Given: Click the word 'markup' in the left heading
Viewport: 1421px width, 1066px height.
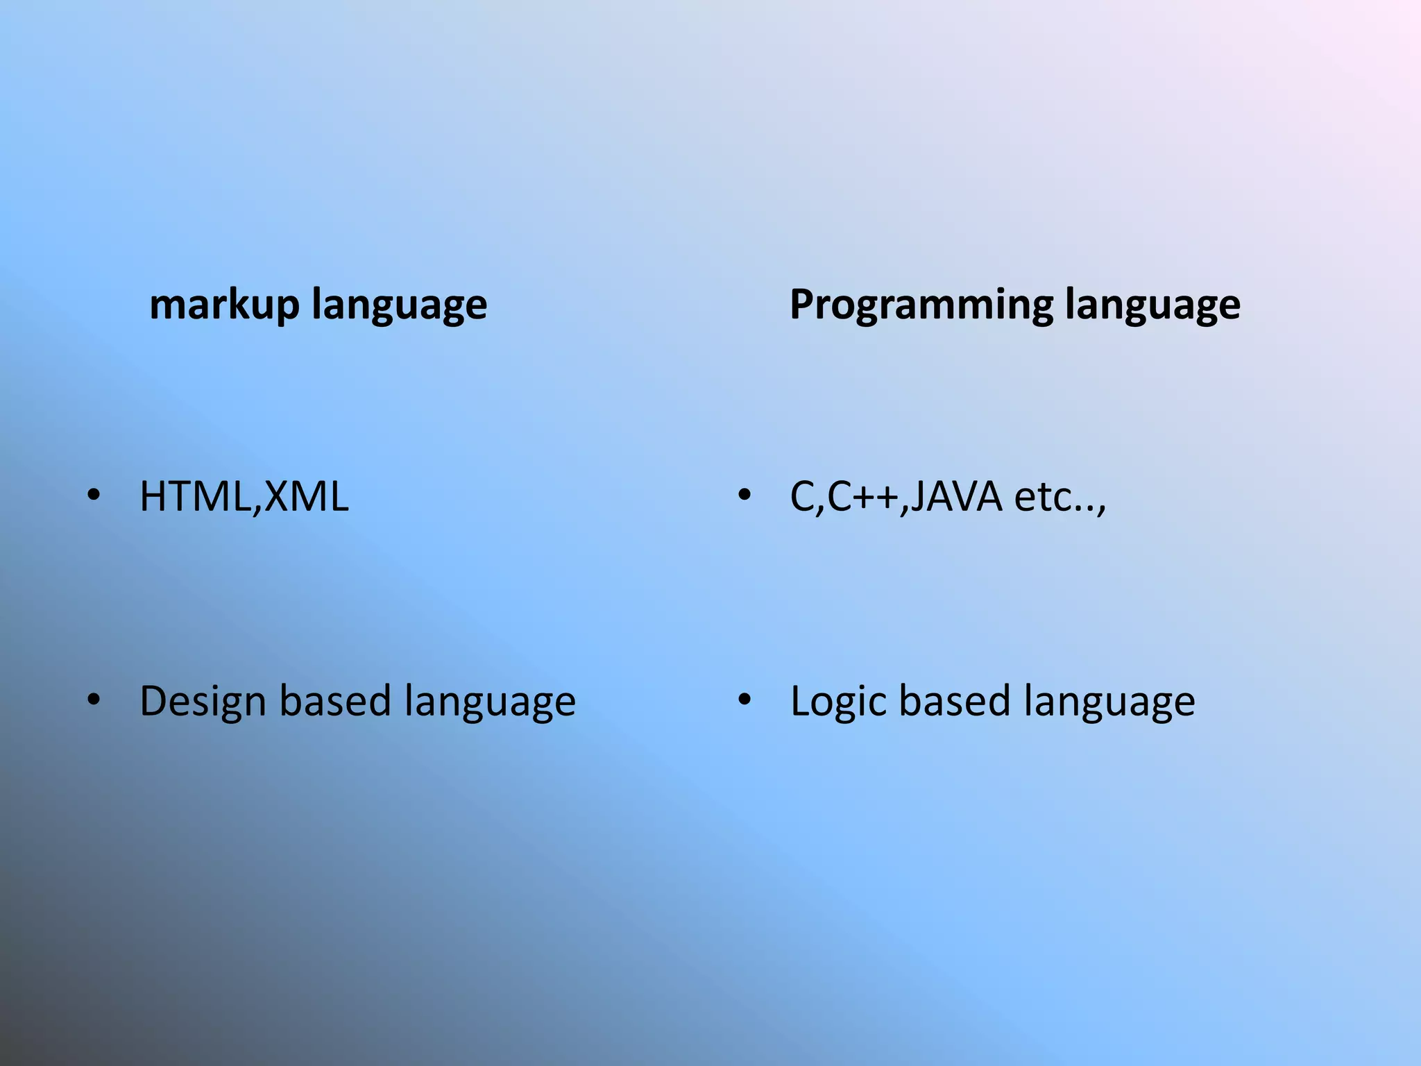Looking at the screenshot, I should pyautogui.click(x=224, y=305).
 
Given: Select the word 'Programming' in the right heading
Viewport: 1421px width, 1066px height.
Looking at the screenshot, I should pyautogui.click(x=920, y=305).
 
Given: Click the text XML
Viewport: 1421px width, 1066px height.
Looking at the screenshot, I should pyautogui.click(x=305, y=497).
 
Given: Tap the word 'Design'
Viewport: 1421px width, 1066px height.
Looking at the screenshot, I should pyautogui.click(x=203, y=701).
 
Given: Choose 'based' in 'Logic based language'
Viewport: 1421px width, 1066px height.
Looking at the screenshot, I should pyautogui.click(x=955, y=701).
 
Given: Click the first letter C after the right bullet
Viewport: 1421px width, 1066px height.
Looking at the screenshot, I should pyautogui.click(x=803, y=497).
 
